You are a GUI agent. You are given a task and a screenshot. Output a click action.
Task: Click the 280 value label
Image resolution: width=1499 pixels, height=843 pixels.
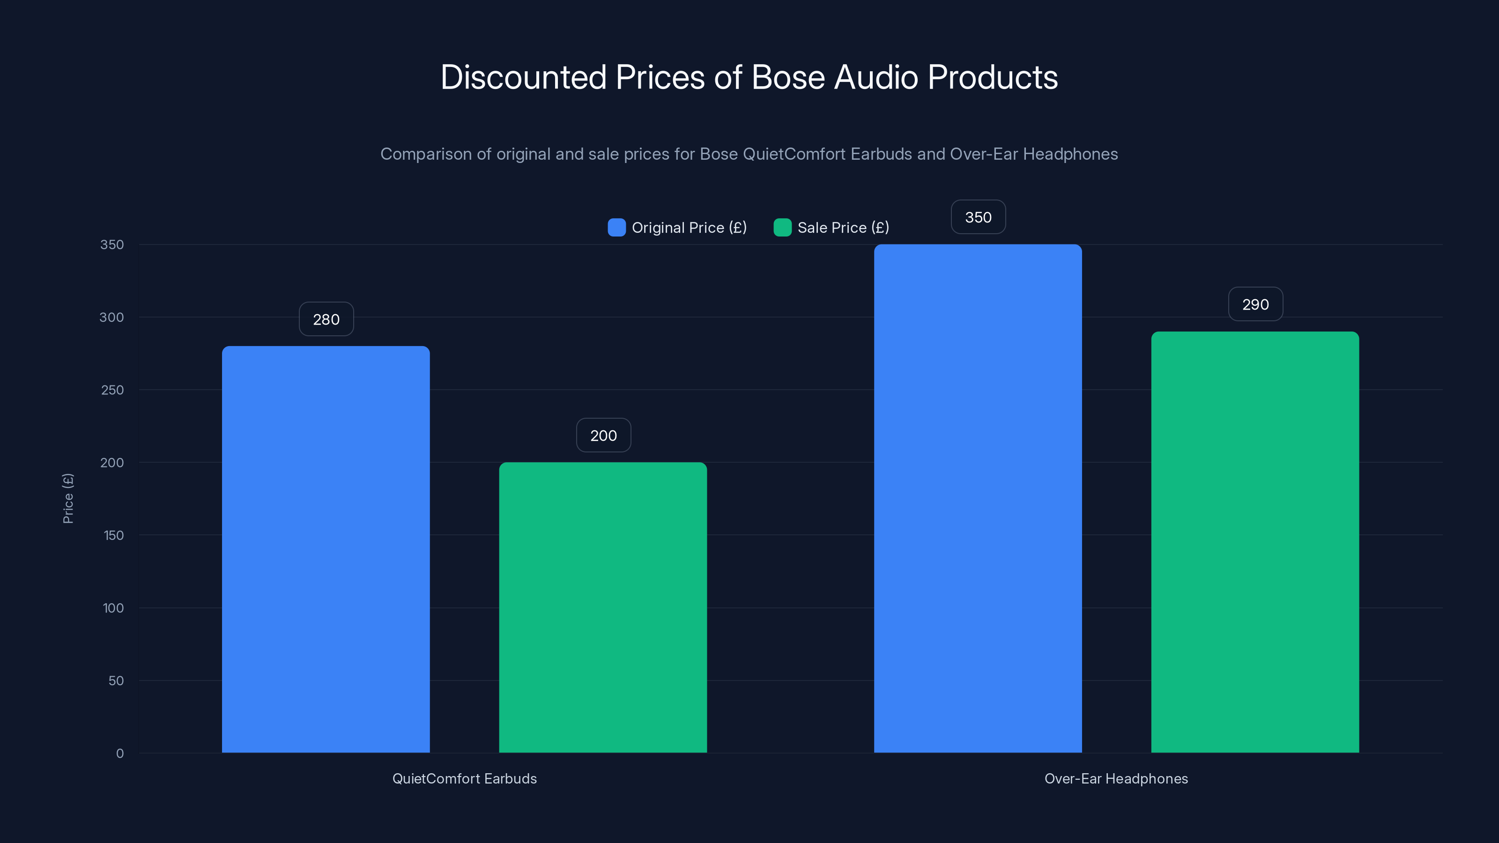(x=326, y=319)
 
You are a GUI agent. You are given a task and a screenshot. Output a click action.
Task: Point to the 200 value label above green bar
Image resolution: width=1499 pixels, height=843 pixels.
(x=603, y=436)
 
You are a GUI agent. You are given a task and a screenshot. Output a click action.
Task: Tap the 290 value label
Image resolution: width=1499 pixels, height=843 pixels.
(x=1255, y=304)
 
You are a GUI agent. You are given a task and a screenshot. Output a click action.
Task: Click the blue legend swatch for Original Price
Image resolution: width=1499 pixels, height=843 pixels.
(x=616, y=228)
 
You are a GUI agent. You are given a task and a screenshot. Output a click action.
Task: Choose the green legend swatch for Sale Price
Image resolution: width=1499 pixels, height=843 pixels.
(x=782, y=228)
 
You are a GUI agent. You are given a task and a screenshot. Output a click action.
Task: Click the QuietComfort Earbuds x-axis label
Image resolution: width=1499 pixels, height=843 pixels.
(x=464, y=778)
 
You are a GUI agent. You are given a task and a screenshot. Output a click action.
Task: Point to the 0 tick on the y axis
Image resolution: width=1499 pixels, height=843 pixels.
(x=120, y=754)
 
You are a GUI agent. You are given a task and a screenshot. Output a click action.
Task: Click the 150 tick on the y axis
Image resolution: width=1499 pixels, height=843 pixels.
(x=113, y=535)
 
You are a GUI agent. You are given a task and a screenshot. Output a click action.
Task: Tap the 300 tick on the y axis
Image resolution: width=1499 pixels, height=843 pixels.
(x=112, y=317)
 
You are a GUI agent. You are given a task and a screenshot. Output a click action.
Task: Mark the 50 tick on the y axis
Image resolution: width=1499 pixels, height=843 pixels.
(x=116, y=680)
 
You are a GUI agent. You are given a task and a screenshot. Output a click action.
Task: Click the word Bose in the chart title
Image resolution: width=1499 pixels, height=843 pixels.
(x=788, y=77)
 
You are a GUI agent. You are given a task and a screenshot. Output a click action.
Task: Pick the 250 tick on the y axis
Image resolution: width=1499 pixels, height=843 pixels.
(x=112, y=390)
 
